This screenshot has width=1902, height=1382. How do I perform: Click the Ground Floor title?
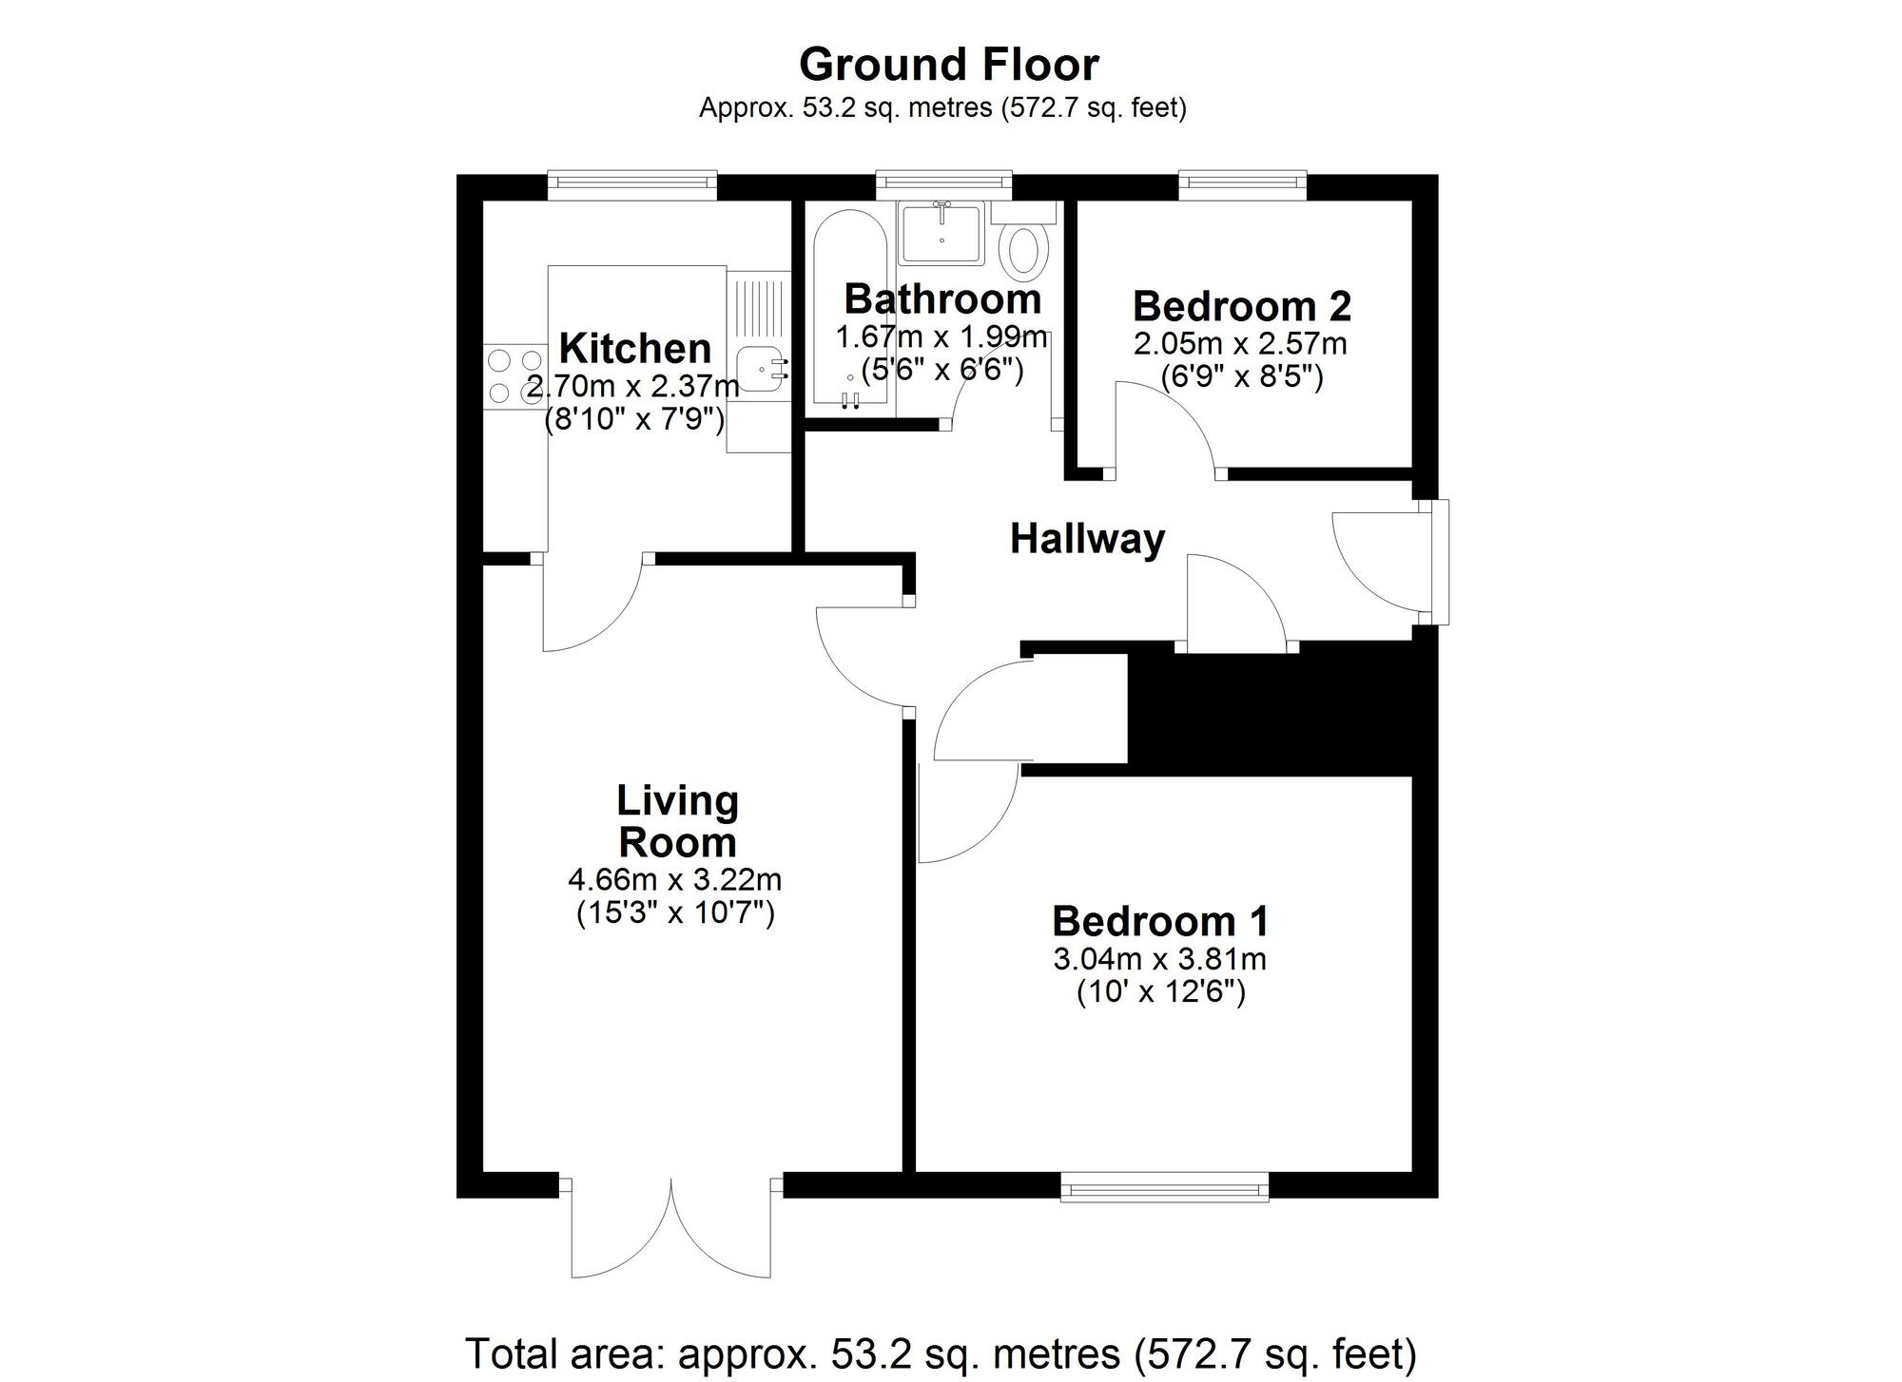(948, 66)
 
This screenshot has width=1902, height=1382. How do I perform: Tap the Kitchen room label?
(634, 349)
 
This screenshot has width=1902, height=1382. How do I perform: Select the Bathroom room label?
(942, 299)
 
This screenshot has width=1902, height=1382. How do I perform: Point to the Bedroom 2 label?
(1241, 307)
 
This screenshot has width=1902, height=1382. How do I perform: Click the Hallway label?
(1087, 539)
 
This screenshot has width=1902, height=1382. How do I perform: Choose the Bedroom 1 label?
(1160, 921)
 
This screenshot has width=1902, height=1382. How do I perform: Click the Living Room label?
(677, 821)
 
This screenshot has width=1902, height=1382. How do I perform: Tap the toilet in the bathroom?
(1024, 249)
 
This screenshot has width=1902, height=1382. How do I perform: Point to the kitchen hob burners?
(514, 376)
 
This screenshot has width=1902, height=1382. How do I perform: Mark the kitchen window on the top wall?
(631, 184)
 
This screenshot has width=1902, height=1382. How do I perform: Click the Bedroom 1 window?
(1164, 1186)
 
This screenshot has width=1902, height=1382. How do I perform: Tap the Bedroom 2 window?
(1242, 184)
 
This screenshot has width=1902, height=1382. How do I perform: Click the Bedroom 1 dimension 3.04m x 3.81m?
(1159, 959)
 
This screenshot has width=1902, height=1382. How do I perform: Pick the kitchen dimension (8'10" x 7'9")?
(634, 419)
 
